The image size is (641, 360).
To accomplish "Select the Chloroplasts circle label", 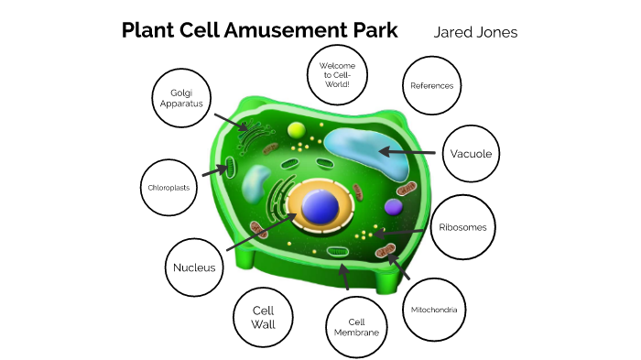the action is coord(168,188).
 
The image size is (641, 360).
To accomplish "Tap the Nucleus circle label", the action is coord(194,267).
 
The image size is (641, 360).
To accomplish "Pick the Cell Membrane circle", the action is coord(356,327).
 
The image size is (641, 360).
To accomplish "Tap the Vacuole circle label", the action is coord(472,153).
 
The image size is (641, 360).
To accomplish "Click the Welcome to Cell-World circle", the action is coord(336,72).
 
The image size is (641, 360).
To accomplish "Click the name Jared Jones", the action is coord(475,32).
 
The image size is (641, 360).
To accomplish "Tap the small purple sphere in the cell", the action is coord(393,207).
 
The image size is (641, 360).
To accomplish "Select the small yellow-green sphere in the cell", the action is coord(296,130).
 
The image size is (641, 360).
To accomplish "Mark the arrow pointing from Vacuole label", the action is coord(408,152).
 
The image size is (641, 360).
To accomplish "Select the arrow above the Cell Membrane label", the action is coord(344,277).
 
